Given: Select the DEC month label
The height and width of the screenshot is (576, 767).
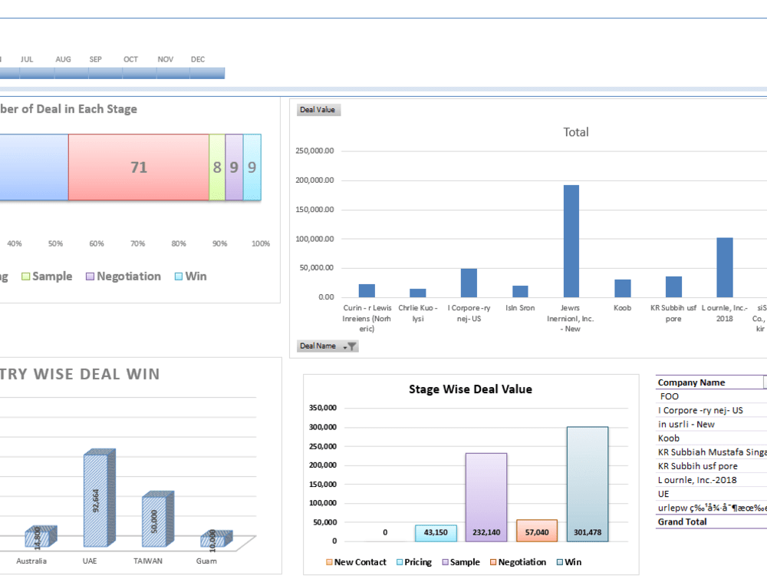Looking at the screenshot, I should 198,59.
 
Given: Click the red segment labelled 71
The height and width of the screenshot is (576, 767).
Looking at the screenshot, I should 139,167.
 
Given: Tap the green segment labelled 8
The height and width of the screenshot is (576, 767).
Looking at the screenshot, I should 217,167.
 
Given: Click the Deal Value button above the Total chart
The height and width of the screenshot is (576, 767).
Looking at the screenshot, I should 318,110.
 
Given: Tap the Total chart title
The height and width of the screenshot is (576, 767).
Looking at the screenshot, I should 576,132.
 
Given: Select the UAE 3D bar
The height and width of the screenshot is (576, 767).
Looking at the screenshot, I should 97,499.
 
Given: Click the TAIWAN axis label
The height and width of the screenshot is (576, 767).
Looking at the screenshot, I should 148,561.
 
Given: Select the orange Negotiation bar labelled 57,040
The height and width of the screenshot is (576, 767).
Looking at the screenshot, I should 537,531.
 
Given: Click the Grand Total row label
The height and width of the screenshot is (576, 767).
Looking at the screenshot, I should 682,521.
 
